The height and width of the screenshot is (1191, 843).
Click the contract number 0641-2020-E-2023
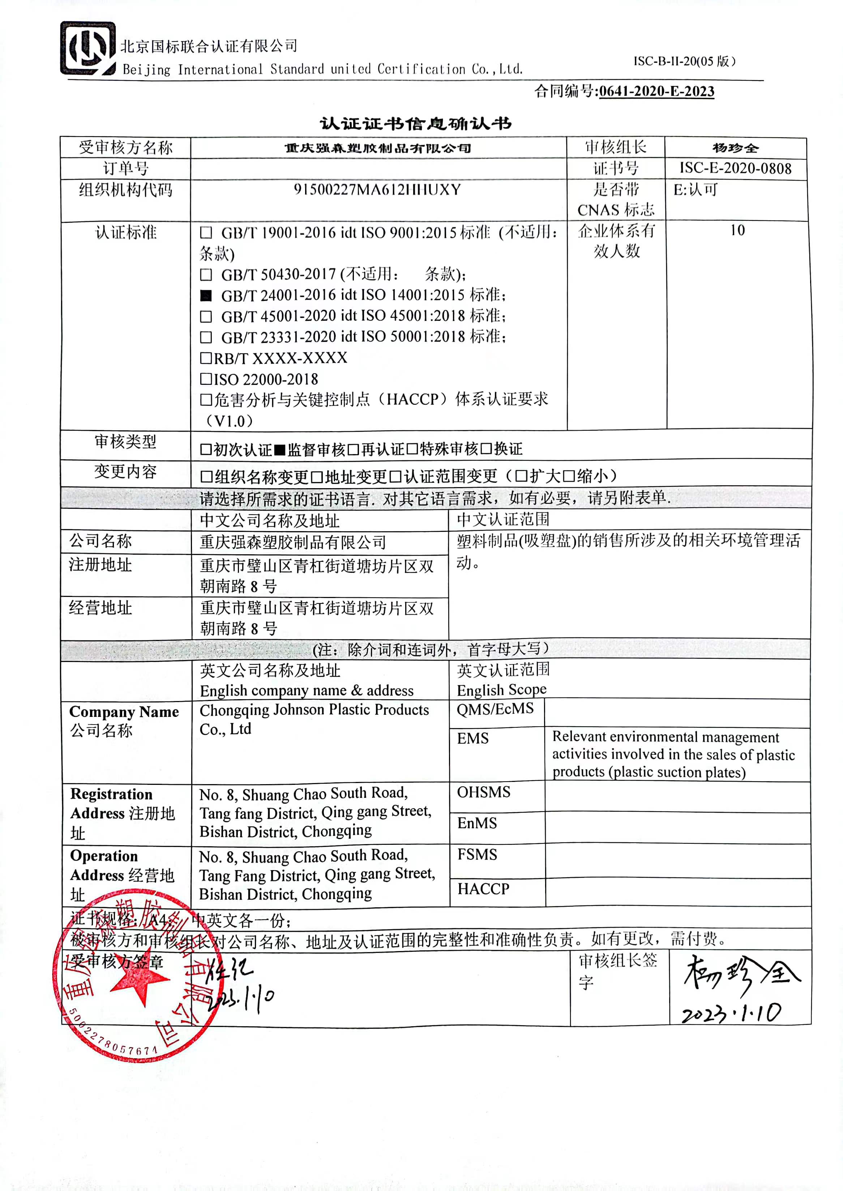coord(656,91)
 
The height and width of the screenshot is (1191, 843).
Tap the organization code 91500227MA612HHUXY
coord(377,189)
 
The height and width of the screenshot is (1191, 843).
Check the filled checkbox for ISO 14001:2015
coord(206,296)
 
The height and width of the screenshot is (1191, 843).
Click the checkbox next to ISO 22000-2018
coord(206,379)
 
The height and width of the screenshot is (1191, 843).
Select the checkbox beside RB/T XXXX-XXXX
coord(206,358)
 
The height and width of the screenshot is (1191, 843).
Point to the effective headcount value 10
coord(737,230)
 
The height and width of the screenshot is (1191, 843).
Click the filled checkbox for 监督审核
coord(280,449)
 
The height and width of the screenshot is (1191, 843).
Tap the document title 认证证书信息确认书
coord(415,124)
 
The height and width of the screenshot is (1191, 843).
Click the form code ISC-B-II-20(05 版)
coord(684,61)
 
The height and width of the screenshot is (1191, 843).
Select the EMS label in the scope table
coord(472,738)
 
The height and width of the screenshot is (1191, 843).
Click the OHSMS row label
coord(483,792)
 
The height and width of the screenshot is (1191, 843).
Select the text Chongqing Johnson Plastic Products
coord(314,710)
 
